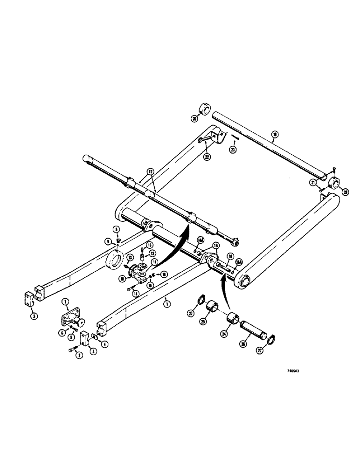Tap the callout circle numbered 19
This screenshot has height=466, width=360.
275,135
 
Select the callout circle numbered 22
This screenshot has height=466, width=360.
207,157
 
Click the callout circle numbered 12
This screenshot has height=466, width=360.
152,253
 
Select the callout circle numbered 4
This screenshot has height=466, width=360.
104,344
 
